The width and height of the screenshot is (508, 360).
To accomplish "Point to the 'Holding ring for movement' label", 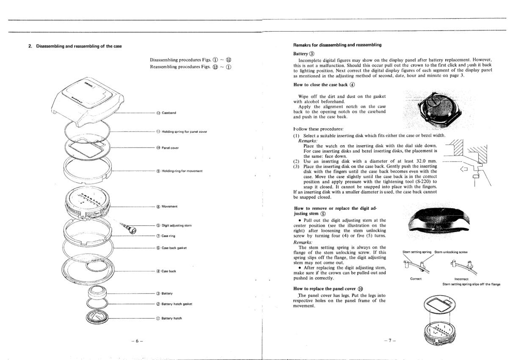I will pos(182,170).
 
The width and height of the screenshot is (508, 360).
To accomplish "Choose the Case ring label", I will pos(168,236).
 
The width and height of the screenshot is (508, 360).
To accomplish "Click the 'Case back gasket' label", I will pos(174,248).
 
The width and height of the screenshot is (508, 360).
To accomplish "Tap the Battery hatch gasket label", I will pos(177,304).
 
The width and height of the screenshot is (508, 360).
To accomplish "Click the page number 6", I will pos(137,341).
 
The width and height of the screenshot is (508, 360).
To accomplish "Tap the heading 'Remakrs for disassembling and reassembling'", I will pos(337,45).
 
